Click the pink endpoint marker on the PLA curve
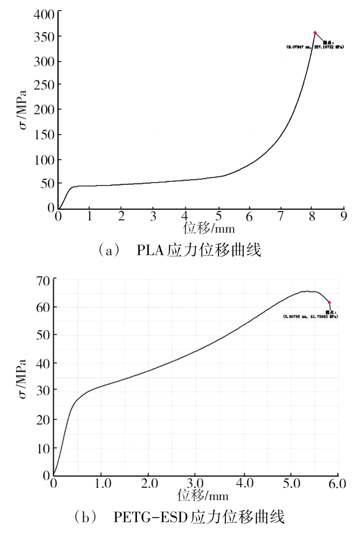(315, 33)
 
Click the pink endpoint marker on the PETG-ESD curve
(329, 303)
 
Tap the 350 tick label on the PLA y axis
(44, 37)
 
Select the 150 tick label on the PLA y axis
(44, 136)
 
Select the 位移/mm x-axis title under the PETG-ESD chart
(203, 495)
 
